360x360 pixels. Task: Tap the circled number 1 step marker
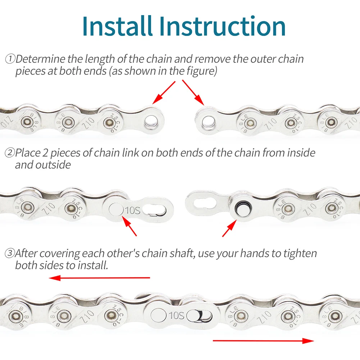coord(10,59)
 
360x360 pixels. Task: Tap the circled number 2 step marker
coord(9,153)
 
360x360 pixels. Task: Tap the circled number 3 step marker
coord(9,254)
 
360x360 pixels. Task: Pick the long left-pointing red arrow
coord(99,278)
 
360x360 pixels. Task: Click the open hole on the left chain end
coord(150,121)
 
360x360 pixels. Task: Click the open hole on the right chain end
coord(208,121)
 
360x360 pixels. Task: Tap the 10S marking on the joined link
coord(176,316)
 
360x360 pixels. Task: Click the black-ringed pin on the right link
coord(241,207)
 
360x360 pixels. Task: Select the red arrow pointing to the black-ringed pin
coord(229,229)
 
